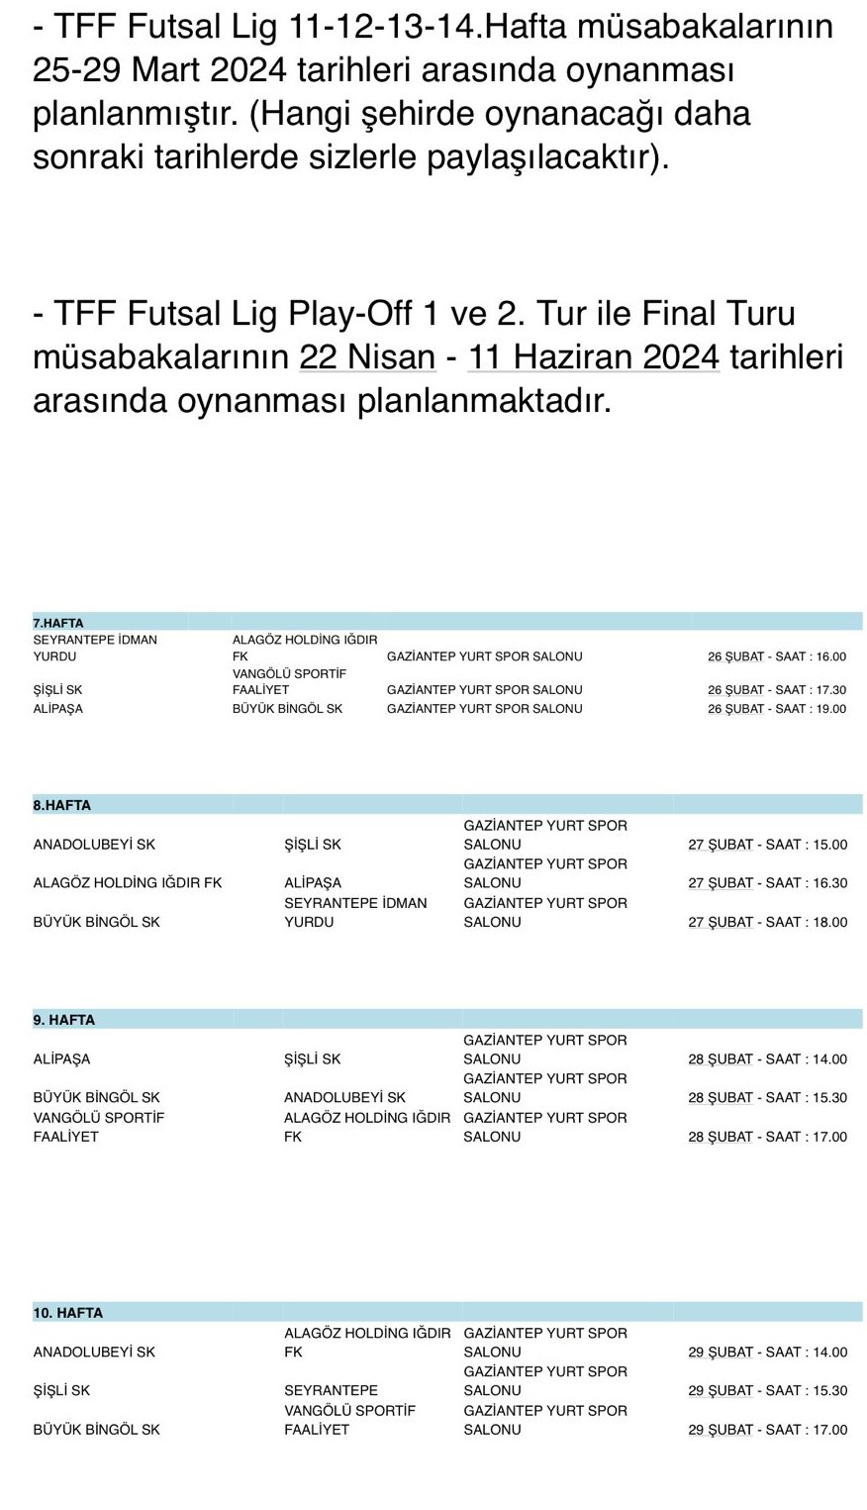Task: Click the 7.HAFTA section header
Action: point(58,623)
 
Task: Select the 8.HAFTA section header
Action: point(61,805)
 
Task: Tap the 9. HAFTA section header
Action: point(64,1020)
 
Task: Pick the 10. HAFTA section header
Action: point(68,1313)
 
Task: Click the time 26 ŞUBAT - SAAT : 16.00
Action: point(776,656)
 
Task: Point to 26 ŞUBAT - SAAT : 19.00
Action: point(776,709)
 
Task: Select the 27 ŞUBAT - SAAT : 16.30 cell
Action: point(767,883)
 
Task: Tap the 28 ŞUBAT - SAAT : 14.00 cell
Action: point(767,1059)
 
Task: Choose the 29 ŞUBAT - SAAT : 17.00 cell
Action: point(767,1430)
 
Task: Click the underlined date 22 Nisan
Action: point(367,355)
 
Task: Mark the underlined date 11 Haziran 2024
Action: point(593,355)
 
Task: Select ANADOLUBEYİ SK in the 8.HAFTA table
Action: point(94,846)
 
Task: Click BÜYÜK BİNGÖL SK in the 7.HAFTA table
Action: point(287,709)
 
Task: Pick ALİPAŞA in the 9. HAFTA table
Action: point(61,1059)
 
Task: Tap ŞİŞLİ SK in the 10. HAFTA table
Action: point(61,1391)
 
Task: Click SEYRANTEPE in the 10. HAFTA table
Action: point(331,1391)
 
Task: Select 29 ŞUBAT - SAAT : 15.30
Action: point(767,1391)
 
